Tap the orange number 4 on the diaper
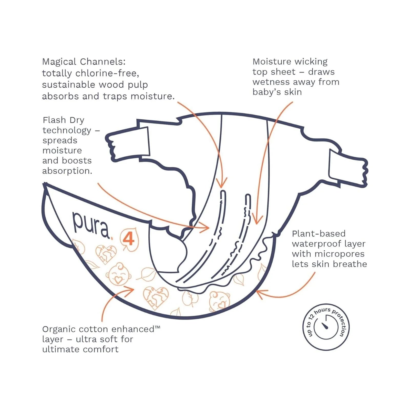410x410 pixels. click(129, 239)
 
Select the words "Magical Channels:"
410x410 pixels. click(84, 62)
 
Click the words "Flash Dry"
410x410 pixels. click(63, 120)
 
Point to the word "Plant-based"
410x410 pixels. click(319, 233)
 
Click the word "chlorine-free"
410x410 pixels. click(107, 73)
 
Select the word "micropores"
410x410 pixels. click(339, 254)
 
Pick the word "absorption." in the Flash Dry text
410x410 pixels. click(67, 171)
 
